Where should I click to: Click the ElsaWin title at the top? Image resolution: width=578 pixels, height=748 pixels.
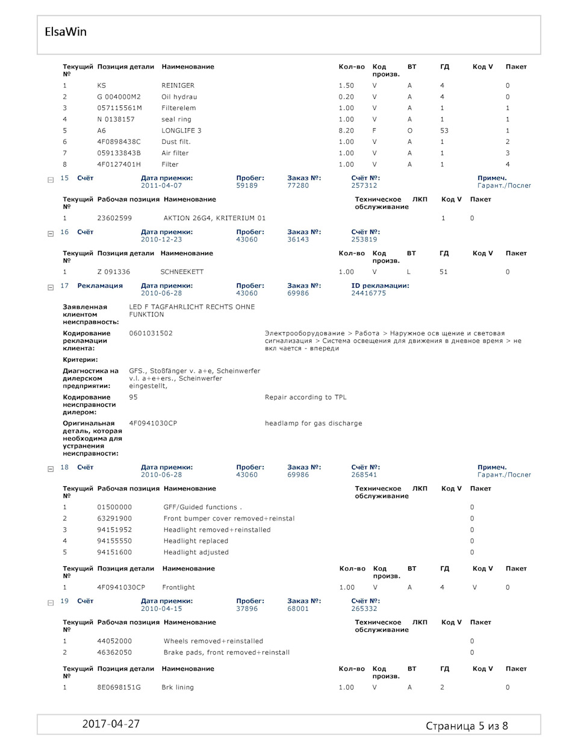(x=66, y=32)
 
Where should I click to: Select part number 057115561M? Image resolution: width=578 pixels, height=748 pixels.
(x=119, y=108)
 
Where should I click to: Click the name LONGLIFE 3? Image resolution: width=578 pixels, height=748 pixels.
(x=181, y=131)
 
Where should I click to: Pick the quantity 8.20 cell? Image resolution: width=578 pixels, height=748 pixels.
(x=346, y=131)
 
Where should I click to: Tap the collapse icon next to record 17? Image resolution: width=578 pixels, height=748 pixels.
(x=51, y=287)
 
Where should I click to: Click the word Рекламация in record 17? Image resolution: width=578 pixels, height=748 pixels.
(x=100, y=286)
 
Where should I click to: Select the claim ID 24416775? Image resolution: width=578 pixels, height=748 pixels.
(x=368, y=294)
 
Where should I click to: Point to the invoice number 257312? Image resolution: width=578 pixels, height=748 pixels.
(x=364, y=186)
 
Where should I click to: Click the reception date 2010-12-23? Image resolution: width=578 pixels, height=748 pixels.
(x=161, y=240)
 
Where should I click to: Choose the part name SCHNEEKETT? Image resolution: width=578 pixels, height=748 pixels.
(x=182, y=272)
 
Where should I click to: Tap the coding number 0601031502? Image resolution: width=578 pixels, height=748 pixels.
(x=151, y=333)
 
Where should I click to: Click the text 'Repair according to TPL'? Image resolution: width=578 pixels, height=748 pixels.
(x=305, y=397)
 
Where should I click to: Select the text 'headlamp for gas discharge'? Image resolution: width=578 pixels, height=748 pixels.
(x=313, y=424)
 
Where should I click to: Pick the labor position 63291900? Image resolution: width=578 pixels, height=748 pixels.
(x=114, y=519)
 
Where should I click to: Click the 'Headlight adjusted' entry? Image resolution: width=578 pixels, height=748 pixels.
(x=196, y=552)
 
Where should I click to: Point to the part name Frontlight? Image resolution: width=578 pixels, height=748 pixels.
(x=178, y=587)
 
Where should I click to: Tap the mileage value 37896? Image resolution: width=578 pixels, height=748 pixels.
(x=247, y=609)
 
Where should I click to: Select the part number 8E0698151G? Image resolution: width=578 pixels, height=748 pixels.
(x=119, y=687)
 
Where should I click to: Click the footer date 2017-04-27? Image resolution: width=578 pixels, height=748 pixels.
(x=111, y=724)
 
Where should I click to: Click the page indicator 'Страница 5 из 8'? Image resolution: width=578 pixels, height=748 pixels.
(x=467, y=726)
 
